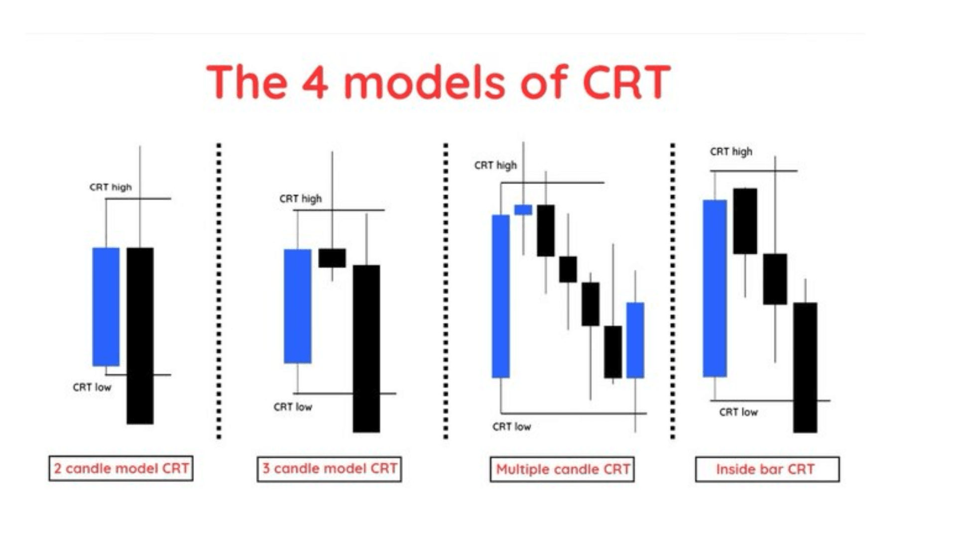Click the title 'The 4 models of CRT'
tap(438, 82)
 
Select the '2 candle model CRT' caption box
tap(121, 468)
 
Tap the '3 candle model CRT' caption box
tap(329, 469)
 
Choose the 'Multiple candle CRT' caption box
tap(562, 469)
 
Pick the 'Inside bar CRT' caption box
tap(767, 469)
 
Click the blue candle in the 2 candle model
tap(106, 306)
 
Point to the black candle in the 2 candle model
tap(140, 335)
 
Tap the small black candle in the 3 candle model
tap(332, 258)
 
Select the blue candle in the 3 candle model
tap(297, 306)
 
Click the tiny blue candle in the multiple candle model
tap(523, 210)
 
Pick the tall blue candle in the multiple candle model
tap(500, 296)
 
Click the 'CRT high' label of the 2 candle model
tap(111, 187)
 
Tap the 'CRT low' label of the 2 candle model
tap(92, 388)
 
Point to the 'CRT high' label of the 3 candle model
tap(301, 199)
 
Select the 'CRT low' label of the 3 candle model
tap(293, 407)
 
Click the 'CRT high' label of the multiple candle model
tap(495, 165)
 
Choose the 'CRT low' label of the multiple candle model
tap(512, 427)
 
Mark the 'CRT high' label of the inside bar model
tap(731, 151)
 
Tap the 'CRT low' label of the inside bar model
tap(738, 412)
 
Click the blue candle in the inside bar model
tap(715, 288)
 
